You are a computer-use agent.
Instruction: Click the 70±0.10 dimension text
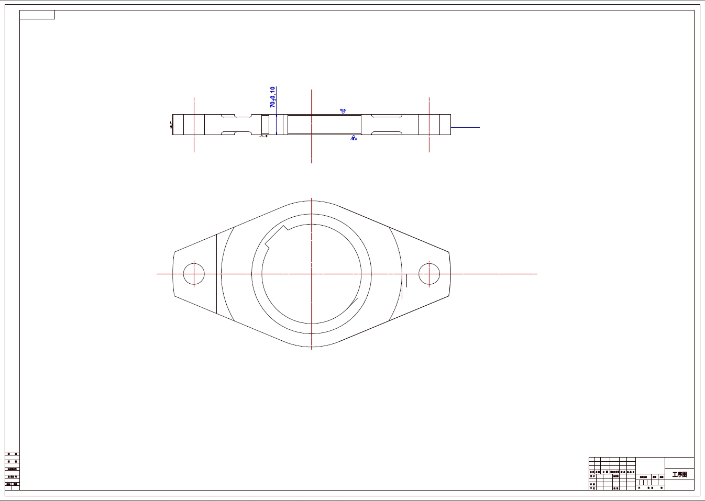click(272, 97)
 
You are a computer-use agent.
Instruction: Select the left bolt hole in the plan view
click(194, 274)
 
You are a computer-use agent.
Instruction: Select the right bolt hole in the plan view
click(429, 274)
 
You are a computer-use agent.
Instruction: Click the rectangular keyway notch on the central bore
click(276, 237)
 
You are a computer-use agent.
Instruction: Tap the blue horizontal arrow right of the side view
click(465, 127)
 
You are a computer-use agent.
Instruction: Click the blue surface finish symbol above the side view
click(343, 111)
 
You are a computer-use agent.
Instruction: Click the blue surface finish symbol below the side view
click(354, 138)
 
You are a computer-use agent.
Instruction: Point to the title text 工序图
click(679, 475)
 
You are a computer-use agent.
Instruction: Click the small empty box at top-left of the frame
click(37, 15)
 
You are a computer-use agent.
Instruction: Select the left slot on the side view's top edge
click(236, 116)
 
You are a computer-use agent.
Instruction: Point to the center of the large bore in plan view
click(312, 274)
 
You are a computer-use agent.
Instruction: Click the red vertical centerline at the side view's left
click(194, 125)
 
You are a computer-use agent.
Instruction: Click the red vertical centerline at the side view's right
click(429, 125)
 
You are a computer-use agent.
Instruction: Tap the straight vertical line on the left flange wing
click(217, 274)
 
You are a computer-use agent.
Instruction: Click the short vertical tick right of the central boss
click(407, 281)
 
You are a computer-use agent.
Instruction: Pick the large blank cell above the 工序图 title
click(679, 463)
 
